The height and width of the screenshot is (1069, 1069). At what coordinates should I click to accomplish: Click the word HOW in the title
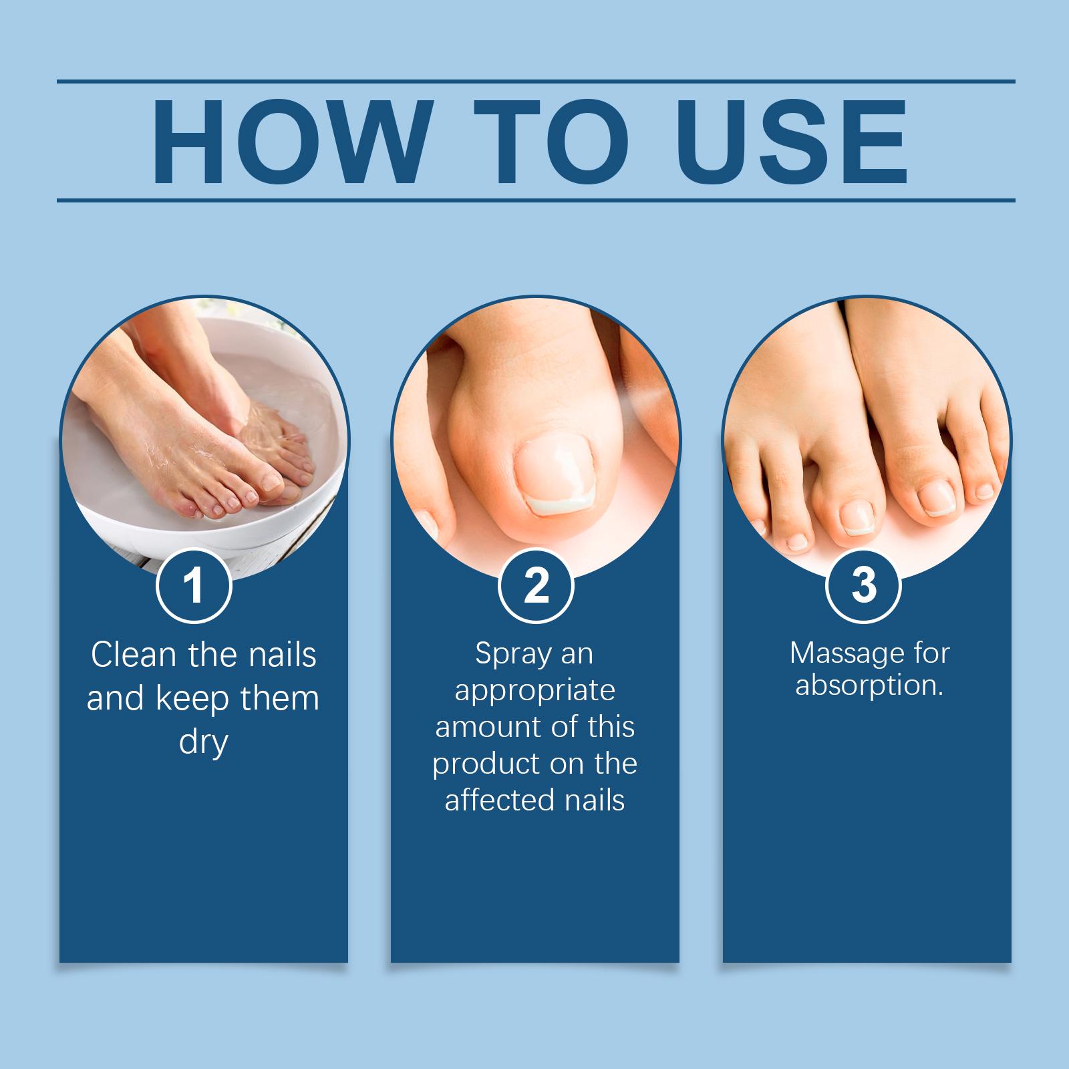[x=289, y=142]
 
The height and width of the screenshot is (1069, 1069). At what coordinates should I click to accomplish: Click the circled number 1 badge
[x=194, y=585]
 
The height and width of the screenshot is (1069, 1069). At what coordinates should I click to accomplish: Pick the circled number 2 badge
[x=536, y=585]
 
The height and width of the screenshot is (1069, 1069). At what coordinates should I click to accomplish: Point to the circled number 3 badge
[x=864, y=585]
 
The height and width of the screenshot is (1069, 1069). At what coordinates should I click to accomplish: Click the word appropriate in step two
[x=534, y=692]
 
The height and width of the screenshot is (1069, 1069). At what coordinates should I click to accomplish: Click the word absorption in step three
[x=869, y=686]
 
